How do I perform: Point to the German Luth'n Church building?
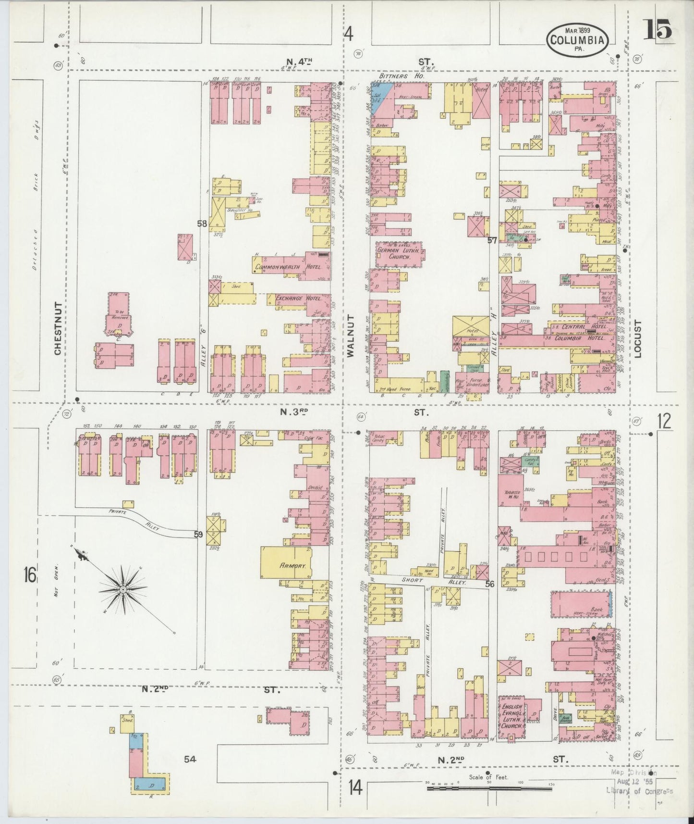click(x=399, y=253)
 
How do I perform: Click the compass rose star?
click(x=123, y=589)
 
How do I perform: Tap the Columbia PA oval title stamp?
click(x=577, y=40)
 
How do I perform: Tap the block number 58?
click(x=201, y=223)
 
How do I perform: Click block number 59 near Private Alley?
click(x=198, y=534)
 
